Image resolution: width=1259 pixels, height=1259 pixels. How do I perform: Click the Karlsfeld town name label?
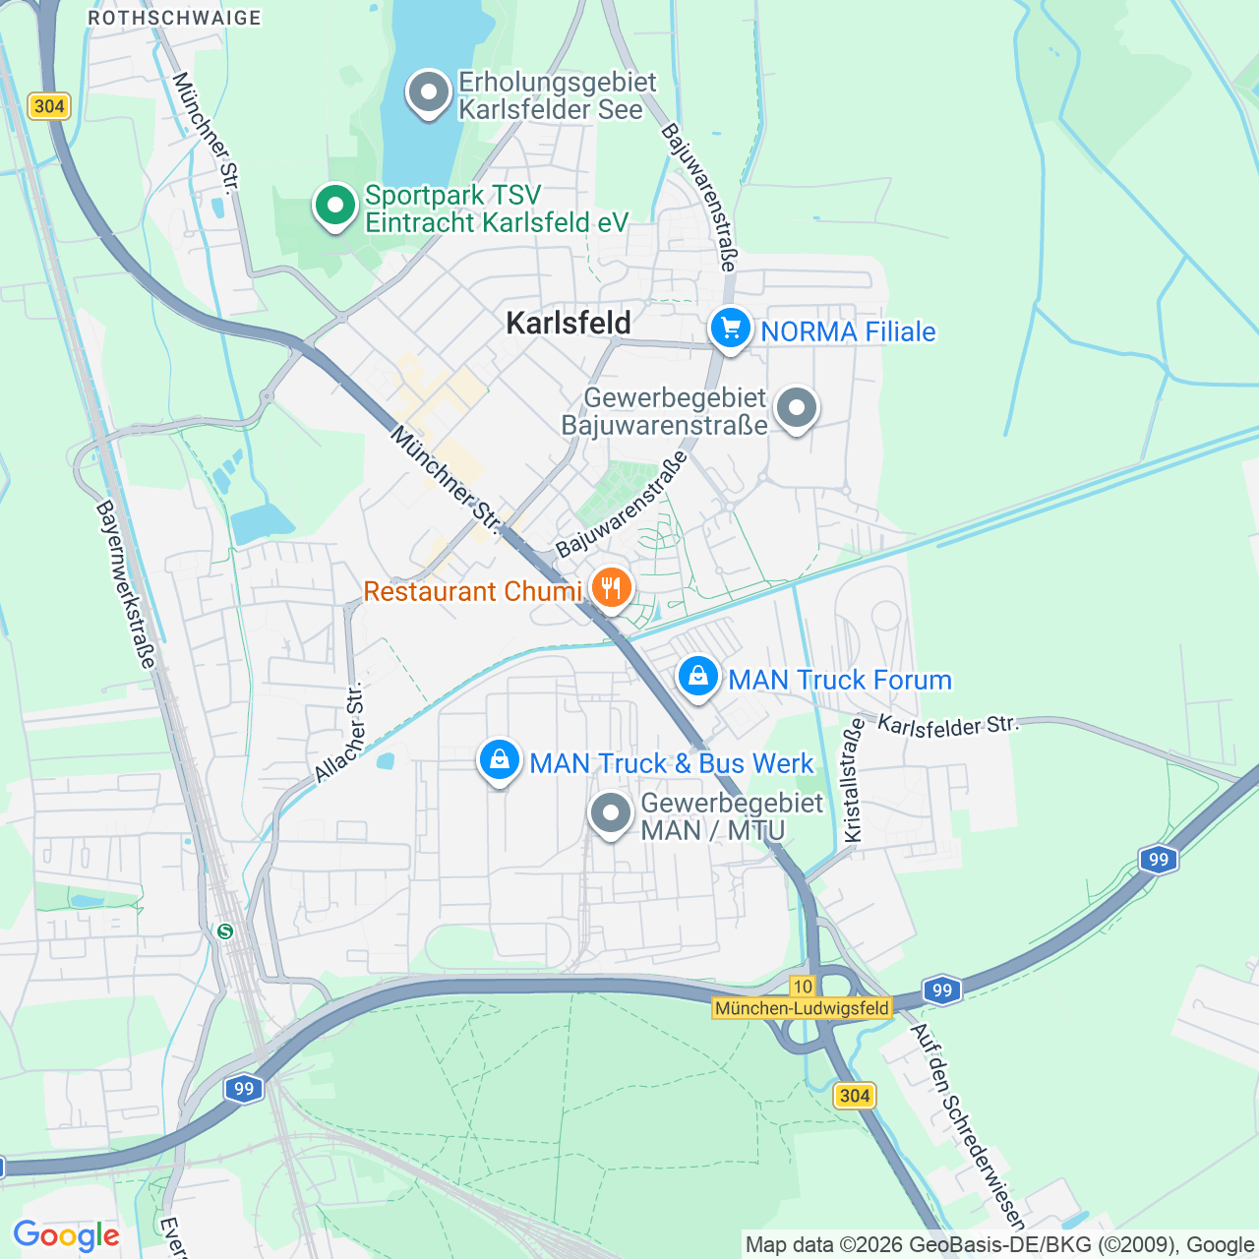(x=568, y=323)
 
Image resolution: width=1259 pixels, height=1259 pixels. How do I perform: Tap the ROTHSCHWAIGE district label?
(x=174, y=18)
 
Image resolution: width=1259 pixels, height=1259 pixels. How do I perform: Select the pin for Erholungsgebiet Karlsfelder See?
(x=428, y=93)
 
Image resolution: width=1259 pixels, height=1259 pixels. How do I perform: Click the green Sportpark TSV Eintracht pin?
(x=335, y=207)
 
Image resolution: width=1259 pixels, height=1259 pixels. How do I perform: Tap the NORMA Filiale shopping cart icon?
(x=730, y=329)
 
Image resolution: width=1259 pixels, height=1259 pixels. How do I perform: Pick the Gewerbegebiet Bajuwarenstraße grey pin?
(x=796, y=407)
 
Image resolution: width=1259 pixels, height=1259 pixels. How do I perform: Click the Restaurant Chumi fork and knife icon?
(x=611, y=589)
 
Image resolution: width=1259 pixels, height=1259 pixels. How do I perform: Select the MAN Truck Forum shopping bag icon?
(x=697, y=677)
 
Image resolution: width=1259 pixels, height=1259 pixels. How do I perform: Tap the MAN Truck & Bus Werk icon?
(x=499, y=760)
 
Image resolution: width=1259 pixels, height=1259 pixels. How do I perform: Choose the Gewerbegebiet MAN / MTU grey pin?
(x=610, y=813)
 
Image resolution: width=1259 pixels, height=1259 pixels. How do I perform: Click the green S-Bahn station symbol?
(x=225, y=930)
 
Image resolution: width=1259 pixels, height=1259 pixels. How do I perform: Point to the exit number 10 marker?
(x=803, y=987)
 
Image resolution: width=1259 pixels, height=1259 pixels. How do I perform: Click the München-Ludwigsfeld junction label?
(x=802, y=1008)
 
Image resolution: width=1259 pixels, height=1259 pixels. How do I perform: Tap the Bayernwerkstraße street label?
(x=126, y=584)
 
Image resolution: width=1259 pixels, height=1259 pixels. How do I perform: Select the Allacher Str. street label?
(x=339, y=733)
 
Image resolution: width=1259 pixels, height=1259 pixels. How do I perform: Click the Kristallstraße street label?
(x=853, y=780)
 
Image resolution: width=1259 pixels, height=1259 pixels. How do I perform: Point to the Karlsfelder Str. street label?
(x=947, y=726)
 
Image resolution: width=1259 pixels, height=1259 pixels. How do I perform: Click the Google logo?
(x=66, y=1235)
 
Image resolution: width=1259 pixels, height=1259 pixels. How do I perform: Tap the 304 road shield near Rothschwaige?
(x=48, y=106)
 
